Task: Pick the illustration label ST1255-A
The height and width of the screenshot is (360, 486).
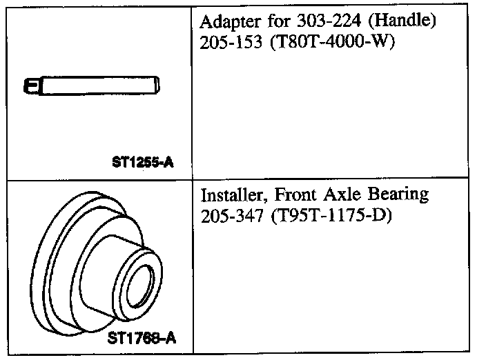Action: (142, 164)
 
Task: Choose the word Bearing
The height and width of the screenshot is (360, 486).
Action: (390, 194)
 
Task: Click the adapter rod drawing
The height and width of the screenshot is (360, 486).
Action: (93, 87)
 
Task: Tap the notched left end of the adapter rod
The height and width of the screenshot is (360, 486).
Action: (31, 87)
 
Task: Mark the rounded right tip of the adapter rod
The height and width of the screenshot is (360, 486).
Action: (159, 87)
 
